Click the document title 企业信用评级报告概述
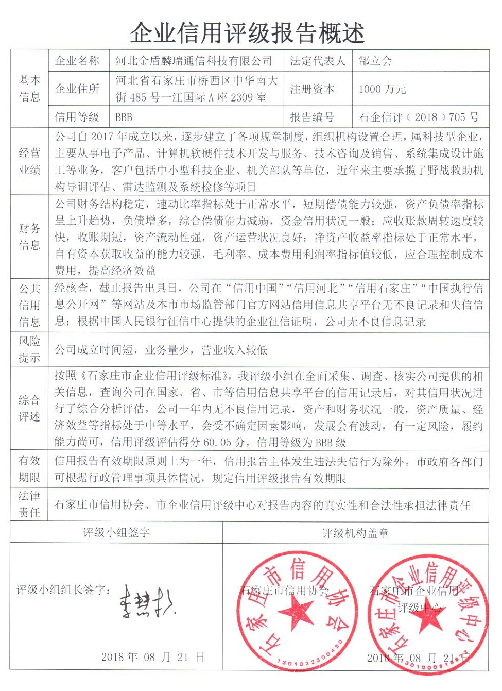click(x=247, y=33)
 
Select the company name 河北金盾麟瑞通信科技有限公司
click(x=194, y=61)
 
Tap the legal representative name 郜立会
click(x=375, y=61)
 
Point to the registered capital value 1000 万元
click(x=383, y=89)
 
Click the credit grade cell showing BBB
click(x=124, y=117)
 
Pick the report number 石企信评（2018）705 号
click(x=419, y=117)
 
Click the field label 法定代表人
click(x=318, y=61)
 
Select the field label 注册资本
click(x=312, y=89)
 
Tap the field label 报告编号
click(x=312, y=117)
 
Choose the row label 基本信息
click(x=29, y=88)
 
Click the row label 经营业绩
click(x=29, y=161)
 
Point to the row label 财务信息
click(x=29, y=237)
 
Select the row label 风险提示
click(x=29, y=349)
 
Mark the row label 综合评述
click(x=29, y=408)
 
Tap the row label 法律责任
click(x=29, y=504)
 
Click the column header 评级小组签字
click(x=116, y=532)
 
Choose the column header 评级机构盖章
click(x=355, y=533)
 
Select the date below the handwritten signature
click(x=153, y=657)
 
